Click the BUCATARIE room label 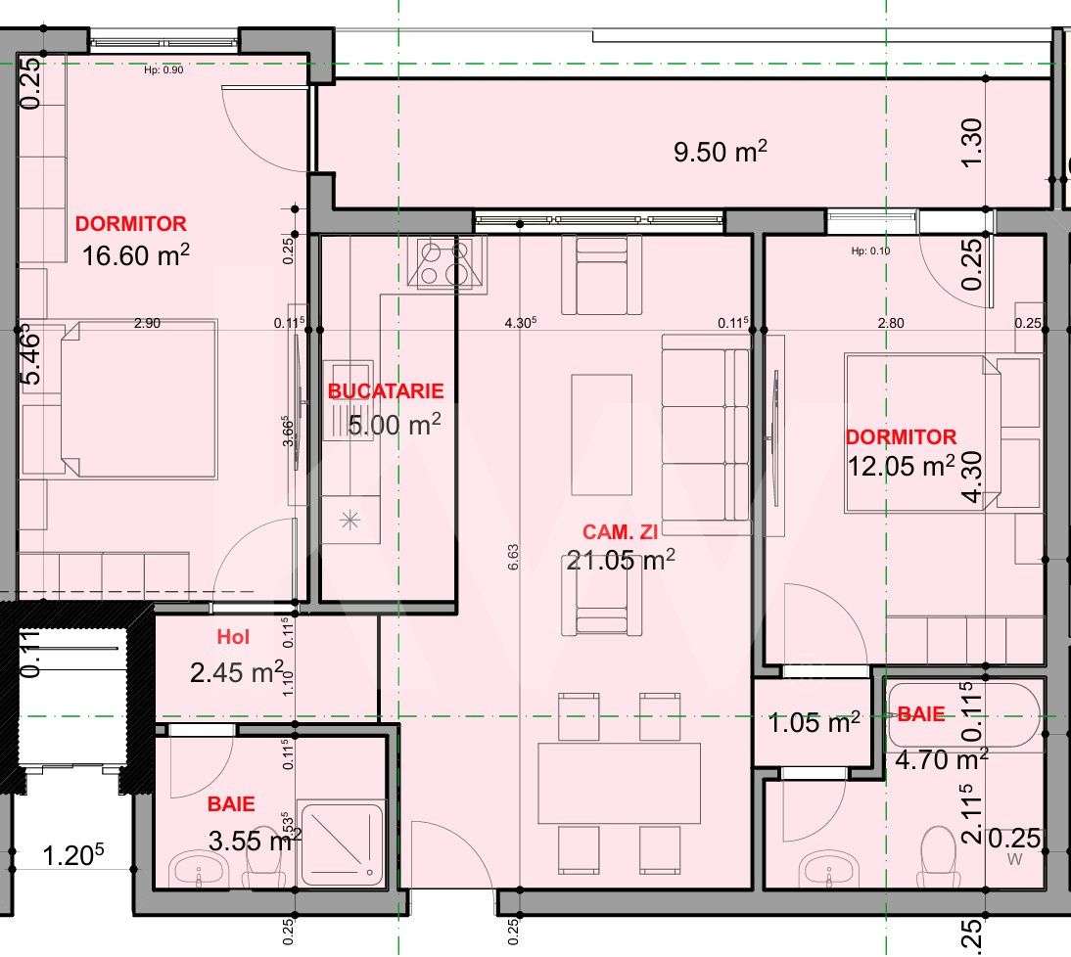(x=385, y=391)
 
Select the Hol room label (x=233, y=637)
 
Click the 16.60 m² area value (x=135, y=256)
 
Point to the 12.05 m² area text (x=900, y=466)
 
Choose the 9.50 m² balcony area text (x=720, y=153)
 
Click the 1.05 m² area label (x=814, y=723)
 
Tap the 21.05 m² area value (x=621, y=560)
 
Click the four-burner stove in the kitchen (x=450, y=263)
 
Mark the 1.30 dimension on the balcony (x=971, y=143)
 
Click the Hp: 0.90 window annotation (x=163, y=69)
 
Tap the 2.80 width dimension (x=890, y=323)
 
